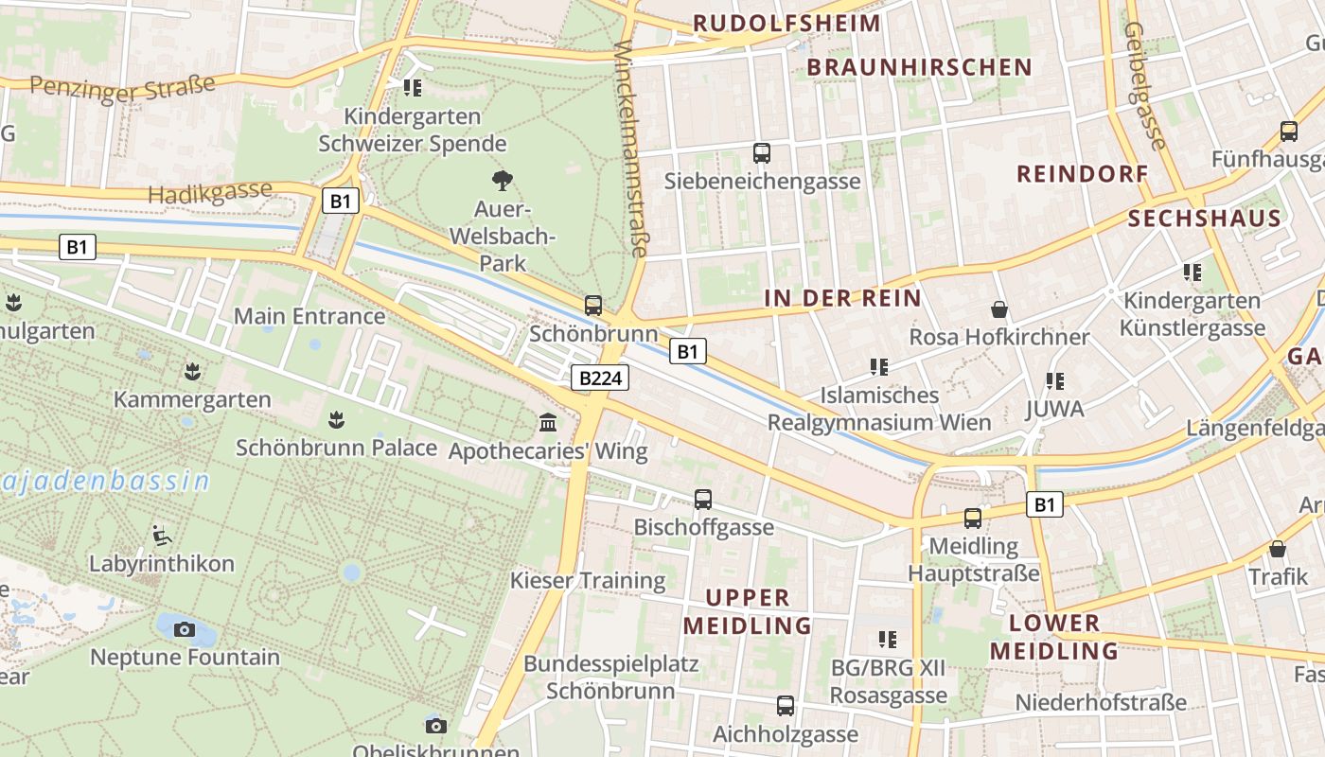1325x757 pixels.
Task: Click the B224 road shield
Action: pos(600,378)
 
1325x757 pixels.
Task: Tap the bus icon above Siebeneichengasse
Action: pos(762,152)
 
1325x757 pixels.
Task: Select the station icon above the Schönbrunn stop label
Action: pos(593,305)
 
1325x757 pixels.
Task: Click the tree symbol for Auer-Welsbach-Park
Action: pos(502,180)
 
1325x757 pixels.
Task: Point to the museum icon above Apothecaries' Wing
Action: pos(548,422)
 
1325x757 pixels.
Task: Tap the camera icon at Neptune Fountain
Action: pos(185,629)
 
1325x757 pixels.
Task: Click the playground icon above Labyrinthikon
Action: pos(162,536)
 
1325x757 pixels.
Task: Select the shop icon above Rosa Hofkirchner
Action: pos(998,309)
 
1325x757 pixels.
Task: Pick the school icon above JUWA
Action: pos(1054,381)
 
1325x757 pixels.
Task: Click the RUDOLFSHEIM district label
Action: pos(786,23)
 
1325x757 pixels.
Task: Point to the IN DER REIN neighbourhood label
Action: pos(842,298)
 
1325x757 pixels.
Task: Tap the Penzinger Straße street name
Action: pos(122,86)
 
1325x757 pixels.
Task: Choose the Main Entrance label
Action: pos(309,316)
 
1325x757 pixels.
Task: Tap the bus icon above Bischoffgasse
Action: pos(703,500)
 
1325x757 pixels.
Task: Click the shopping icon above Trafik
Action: pos(1278,550)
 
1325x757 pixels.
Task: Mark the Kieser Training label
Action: pos(588,580)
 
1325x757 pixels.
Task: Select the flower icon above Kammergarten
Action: pos(193,371)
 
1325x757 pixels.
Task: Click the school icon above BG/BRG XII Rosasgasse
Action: pos(887,640)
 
